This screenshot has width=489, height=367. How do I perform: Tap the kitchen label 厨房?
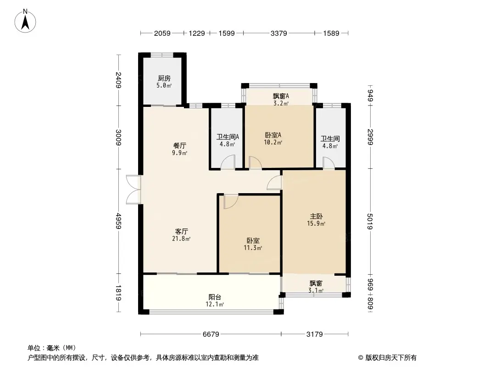164,78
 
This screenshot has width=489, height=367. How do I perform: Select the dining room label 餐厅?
179,145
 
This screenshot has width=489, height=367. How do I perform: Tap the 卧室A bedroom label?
273,135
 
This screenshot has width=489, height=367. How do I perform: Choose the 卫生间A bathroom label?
226,136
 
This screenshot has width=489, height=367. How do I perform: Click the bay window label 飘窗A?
281,96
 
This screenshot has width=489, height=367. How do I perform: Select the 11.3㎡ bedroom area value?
253,248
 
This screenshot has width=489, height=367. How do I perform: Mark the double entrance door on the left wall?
133,189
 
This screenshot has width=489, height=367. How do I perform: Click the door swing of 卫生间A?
228,162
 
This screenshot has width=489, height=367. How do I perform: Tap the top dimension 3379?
279,33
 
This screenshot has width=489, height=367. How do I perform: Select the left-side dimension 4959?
119,222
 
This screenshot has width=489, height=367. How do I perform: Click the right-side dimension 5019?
371,222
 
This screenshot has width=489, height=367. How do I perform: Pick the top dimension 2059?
162,33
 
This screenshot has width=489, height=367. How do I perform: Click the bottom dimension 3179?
315,334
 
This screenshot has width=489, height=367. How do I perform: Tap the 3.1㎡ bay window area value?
316,290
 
